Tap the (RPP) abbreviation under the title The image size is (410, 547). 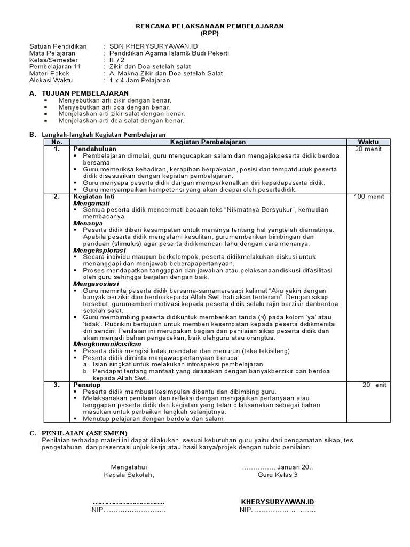pyautogui.click(x=209, y=33)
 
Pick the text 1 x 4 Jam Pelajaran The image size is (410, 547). pyautogui.click(x=139, y=80)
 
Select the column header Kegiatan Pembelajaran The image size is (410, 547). pyautogui.click(x=208, y=142)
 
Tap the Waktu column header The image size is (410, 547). pyautogui.click(x=368, y=142)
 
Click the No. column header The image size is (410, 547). pyautogui.click(x=57, y=142)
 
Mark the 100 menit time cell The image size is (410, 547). pyautogui.click(x=368, y=197)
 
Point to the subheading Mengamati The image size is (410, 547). pyautogui.click(x=89, y=203)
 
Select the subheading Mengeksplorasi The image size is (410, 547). pyautogui.click(x=99, y=250)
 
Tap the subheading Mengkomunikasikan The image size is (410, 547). pyautogui.click(x=104, y=344)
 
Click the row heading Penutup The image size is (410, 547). pyautogui.click(x=86, y=385)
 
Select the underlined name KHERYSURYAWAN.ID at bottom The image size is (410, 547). pyautogui.click(x=278, y=503)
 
